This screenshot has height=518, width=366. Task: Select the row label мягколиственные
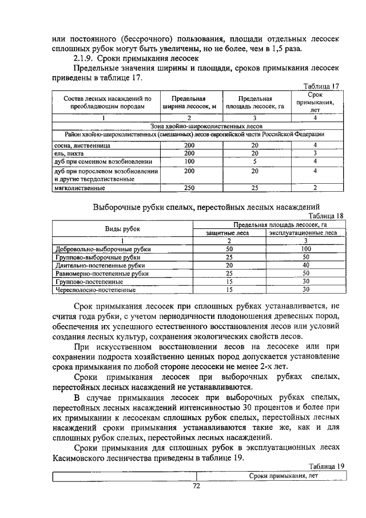click(79, 188)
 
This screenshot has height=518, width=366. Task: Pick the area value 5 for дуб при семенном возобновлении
click(255, 161)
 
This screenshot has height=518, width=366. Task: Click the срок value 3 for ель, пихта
click(315, 153)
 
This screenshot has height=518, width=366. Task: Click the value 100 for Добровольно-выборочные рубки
click(306, 250)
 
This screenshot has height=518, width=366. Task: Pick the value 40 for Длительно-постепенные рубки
click(306, 266)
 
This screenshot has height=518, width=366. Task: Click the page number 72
click(196, 487)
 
